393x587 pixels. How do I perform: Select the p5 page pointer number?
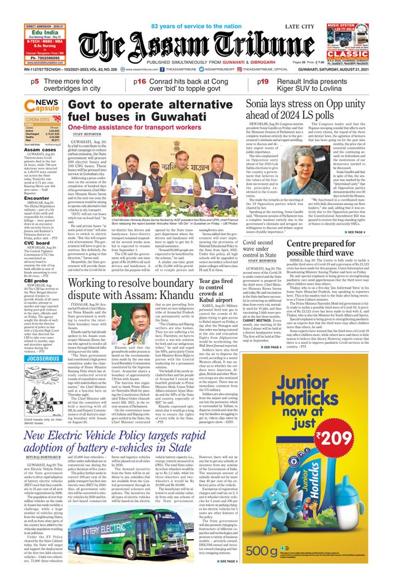coord(35,81)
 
